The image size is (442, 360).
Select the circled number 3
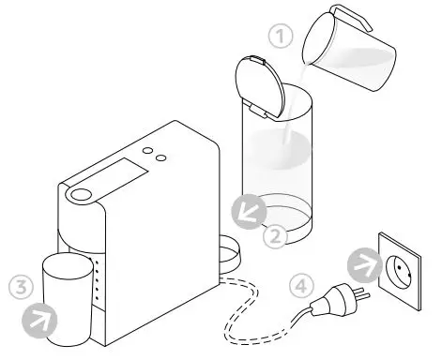tap(19, 285)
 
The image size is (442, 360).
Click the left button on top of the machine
tap(146, 153)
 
